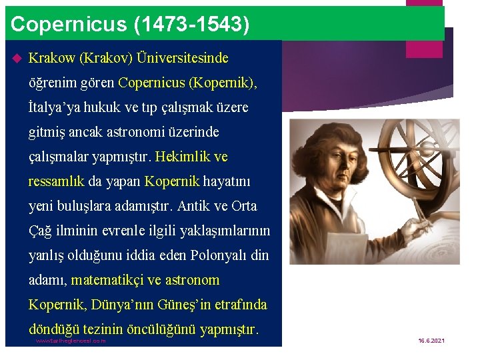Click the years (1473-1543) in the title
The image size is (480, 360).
point(192,25)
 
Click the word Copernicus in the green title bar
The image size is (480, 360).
point(69,25)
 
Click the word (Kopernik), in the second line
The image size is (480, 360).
point(224,83)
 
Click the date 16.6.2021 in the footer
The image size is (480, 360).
point(431,341)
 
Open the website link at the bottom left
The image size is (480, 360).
point(71,341)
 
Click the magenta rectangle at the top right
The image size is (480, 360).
point(424,19)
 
